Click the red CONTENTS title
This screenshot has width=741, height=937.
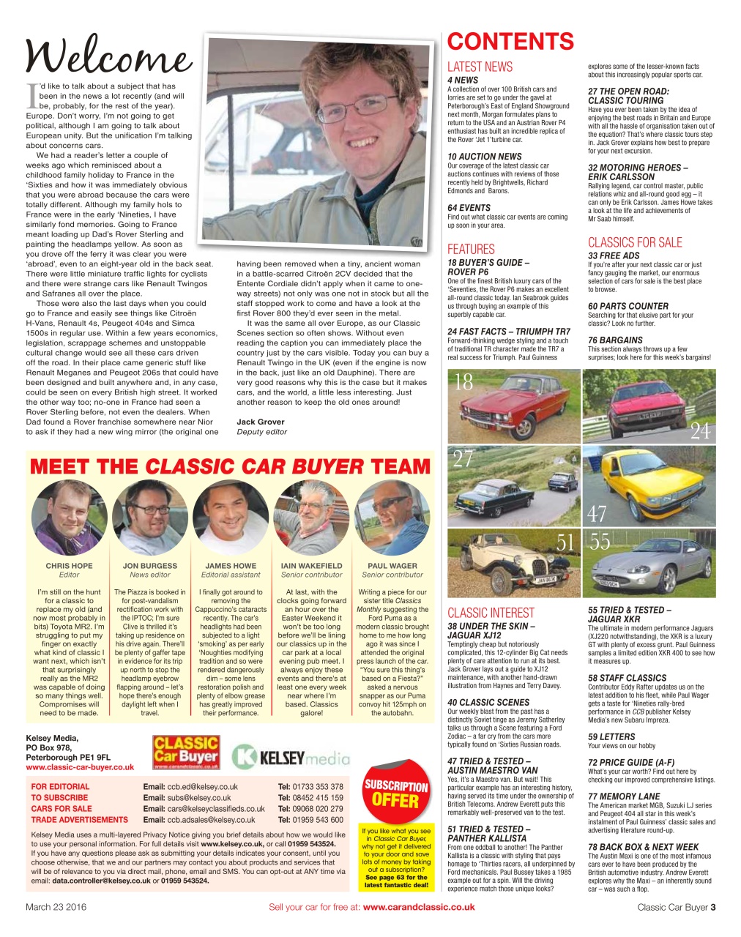[510, 42]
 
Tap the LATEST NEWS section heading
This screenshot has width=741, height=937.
[480, 67]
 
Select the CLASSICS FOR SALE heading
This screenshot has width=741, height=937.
[634, 243]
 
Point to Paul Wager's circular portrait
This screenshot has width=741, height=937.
[392, 518]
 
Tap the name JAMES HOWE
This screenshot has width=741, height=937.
[231, 566]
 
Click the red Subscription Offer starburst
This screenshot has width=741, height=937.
[395, 794]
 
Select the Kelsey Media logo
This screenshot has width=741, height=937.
[289, 756]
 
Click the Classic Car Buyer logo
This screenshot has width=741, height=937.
[186, 753]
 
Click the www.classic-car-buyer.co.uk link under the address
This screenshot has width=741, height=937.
[80, 767]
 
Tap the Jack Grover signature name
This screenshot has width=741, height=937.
[261, 422]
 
